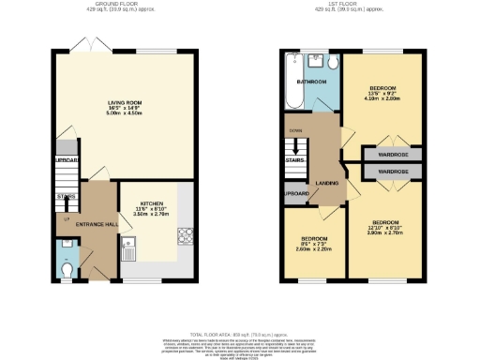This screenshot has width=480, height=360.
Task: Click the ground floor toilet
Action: pyautogui.click(x=65, y=269)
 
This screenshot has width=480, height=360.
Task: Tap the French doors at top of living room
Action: pyautogui.click(x=87, y=47)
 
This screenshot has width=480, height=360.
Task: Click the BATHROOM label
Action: pyautogui.click(x=312, y=82)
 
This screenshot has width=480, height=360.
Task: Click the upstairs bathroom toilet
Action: pyautogui.click(x=334, y=62)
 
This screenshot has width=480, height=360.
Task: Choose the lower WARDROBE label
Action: pyautogui.click(x=393, y=173)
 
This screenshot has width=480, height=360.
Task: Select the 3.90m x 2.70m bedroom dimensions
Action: pyautogui.click(x=386, y=231)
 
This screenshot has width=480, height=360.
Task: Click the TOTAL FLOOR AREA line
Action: pyautogui.click(x=240, y=334)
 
